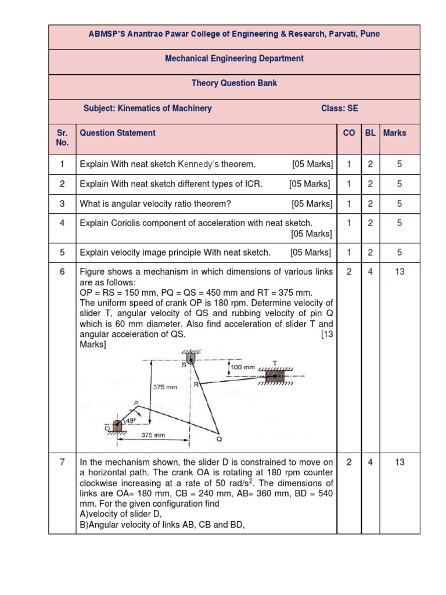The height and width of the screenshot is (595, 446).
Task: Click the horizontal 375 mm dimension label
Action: coord(153,435)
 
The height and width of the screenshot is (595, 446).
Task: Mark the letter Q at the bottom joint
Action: coord(219,439)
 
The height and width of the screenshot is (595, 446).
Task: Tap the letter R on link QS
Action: coord(197,384)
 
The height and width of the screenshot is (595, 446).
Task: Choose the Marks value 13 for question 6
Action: coord(400,271)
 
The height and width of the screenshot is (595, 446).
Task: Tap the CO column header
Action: coord(349,133)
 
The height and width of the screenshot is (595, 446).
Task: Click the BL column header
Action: coord(370,133)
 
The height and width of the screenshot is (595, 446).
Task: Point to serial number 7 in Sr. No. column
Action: coord(62,463)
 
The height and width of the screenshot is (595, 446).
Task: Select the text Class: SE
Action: coord(340,108)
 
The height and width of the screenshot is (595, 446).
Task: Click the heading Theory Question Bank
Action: coord(234,83)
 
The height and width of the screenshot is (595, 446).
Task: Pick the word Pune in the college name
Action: coord(369,34)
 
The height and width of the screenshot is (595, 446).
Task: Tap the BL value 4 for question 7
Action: coord(370,463)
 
